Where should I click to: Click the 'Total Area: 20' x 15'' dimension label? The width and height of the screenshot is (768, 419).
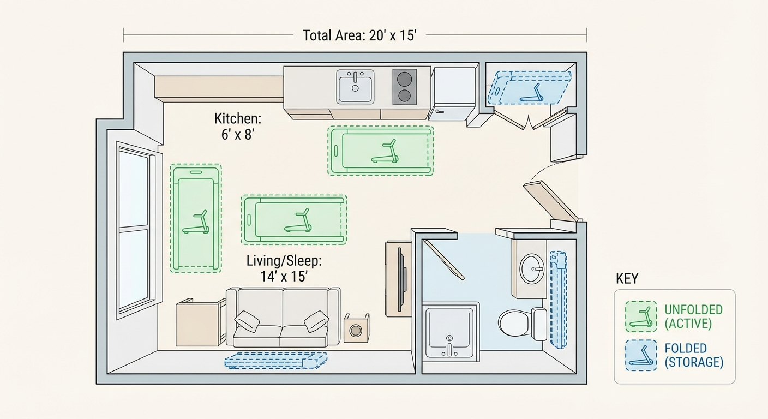point(359,36)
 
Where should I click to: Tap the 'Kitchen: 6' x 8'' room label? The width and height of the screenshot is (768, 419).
point(237,127)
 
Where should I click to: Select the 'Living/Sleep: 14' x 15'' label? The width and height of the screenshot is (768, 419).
point(284,268)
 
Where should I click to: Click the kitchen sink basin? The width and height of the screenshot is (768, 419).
point(355,87)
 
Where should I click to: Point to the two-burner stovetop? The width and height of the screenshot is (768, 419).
point(404,87)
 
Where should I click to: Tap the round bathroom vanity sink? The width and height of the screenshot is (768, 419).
point(532,269)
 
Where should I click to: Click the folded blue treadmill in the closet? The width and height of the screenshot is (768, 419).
point(530,87)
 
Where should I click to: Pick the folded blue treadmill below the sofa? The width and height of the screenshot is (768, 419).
point(276,360)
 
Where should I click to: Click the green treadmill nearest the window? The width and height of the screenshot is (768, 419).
point(196,218)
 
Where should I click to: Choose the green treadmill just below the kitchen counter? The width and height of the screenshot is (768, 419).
point(381,151)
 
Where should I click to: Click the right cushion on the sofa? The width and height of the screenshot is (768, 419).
point(316,321)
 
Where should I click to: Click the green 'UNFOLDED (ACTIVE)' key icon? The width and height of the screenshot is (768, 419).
point(641,316)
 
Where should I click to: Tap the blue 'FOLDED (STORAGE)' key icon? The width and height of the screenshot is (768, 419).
point(641,355)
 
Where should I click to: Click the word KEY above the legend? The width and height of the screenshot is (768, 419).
point(627,279)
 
